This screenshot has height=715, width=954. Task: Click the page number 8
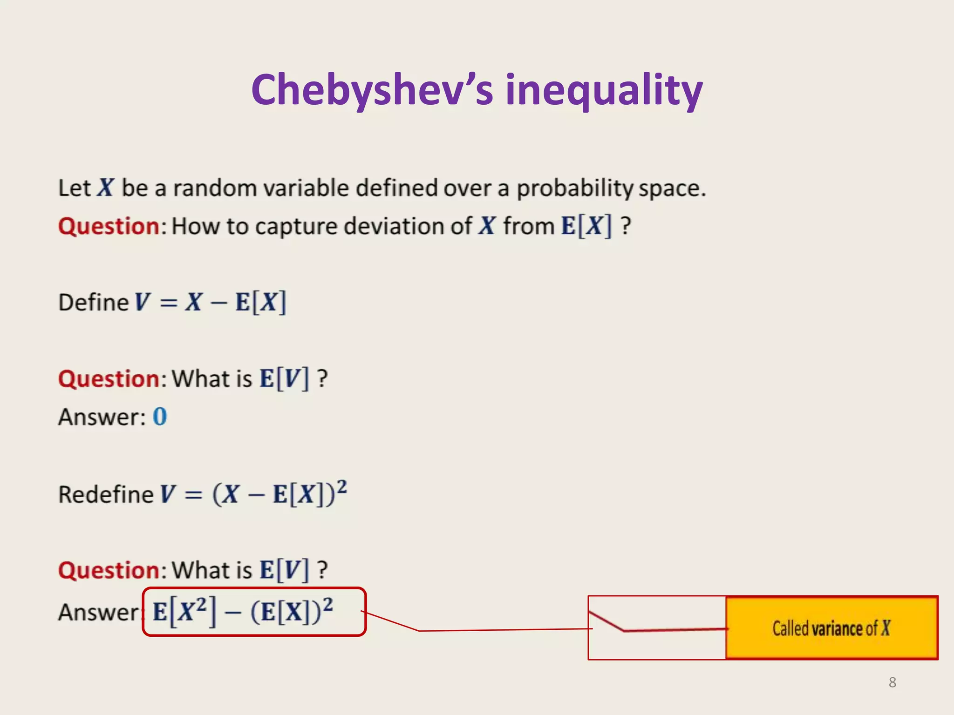click(x=892, y=682)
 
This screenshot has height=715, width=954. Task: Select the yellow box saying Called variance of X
click(x=831, y=627)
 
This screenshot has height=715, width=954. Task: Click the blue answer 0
click(x=160, y=417)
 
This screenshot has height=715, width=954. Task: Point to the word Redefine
click(x=106, y=494)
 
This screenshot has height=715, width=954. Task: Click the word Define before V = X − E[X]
click(x=93, y=303)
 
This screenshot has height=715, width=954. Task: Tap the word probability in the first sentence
click(x=575, y=189)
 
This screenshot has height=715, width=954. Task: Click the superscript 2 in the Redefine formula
click(x=341, y=486)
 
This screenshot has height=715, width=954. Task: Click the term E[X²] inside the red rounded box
click(x=184, y=612)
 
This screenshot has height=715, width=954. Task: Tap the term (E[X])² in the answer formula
click(x=292, y=612)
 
